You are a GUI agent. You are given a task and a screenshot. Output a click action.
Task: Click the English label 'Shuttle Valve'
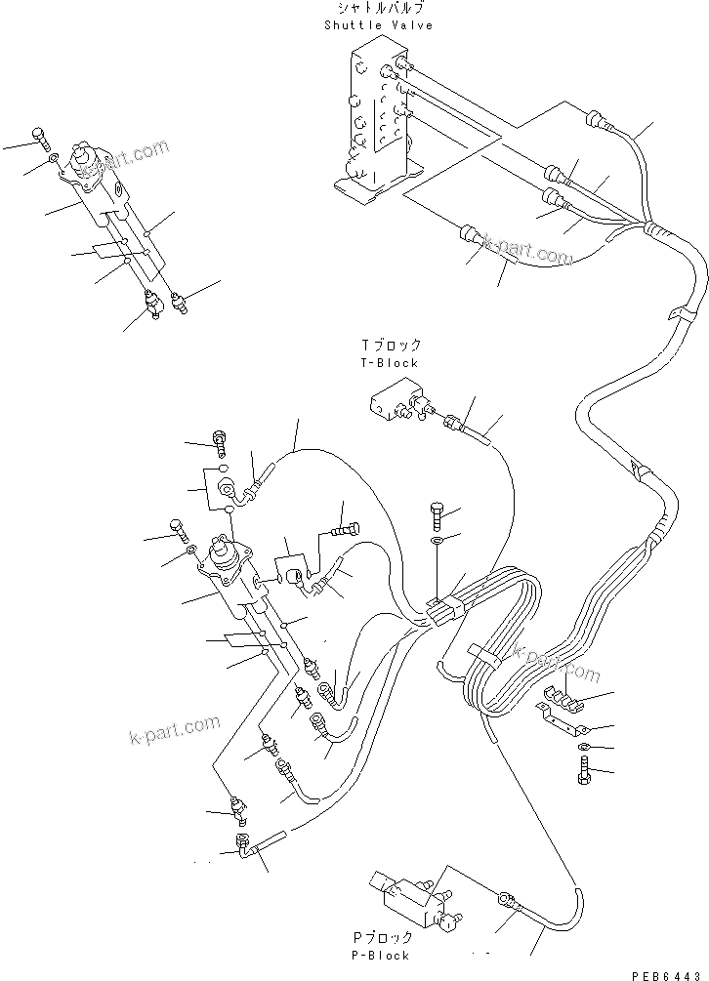[379, 25]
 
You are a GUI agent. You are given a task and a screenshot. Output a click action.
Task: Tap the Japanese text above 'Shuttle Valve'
[379, 9]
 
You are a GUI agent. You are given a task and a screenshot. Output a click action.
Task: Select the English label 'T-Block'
[390, 362]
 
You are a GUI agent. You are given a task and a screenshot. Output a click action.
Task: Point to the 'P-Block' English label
[381, 955]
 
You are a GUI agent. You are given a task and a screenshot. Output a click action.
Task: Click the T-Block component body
[396, 400]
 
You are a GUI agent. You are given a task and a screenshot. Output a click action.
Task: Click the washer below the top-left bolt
[53, 157]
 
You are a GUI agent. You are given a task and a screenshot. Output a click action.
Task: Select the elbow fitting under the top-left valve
[152, 307]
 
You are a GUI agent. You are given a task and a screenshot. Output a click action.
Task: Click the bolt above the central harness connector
[438, 513]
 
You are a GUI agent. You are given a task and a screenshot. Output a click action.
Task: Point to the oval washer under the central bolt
[438, 539]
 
